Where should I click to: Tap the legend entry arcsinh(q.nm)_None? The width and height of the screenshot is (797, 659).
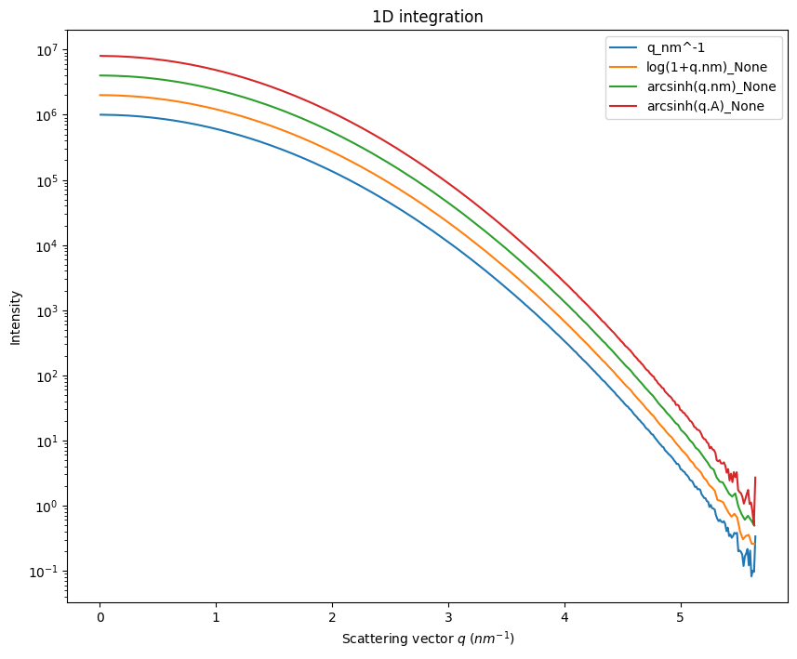coord(711,87)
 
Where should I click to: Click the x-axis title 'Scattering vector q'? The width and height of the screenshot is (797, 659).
coord(428,639)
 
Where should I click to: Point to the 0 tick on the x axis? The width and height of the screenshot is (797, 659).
coord(100,618)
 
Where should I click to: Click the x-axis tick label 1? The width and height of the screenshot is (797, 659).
coord(216,618)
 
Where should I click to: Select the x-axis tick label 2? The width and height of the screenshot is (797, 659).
coord(332,618)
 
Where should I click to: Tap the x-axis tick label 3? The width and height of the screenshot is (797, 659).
coord(448,618)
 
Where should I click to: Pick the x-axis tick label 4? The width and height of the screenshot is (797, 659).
coord(564,618)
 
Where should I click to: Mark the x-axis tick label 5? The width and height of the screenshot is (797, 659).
coord(680,618)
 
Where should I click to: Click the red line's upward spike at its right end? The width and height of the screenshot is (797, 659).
coord(755,478)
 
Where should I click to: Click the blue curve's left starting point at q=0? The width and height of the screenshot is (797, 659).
coord(100,114)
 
